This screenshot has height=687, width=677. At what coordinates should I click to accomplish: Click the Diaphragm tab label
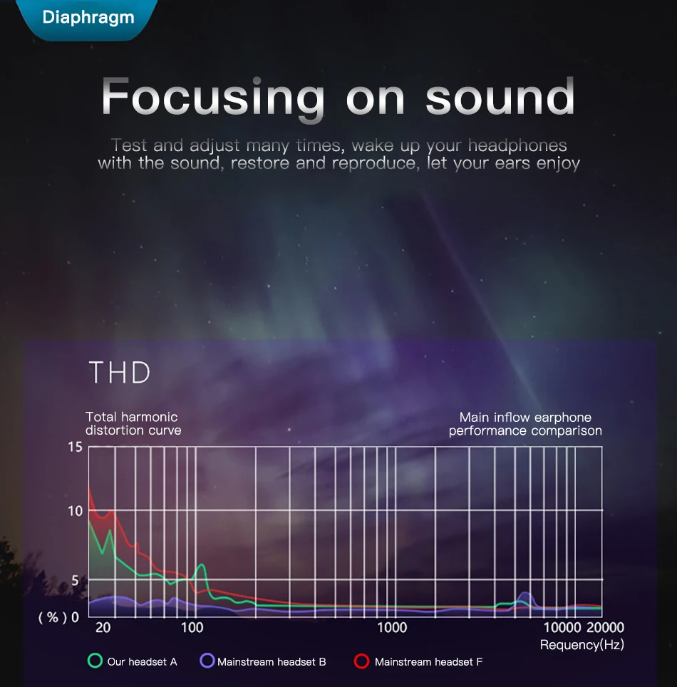88,18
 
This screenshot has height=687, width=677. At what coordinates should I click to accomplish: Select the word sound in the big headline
500,96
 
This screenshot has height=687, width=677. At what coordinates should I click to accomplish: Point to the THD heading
120,373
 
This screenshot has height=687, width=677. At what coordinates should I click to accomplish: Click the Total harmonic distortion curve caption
133,423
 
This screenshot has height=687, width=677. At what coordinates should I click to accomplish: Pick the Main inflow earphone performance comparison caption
525,424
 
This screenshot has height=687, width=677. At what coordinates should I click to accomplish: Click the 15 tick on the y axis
75,447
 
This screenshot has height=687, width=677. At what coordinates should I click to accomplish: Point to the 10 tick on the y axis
75,511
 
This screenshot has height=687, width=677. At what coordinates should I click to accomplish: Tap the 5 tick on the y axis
75,581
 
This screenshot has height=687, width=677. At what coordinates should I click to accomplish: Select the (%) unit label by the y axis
53,617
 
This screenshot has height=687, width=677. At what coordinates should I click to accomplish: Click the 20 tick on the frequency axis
103,627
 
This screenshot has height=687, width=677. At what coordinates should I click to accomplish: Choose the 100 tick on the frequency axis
192,627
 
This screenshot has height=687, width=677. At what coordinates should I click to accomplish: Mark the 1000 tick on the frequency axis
392,627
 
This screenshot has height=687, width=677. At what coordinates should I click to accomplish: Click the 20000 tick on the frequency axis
605,627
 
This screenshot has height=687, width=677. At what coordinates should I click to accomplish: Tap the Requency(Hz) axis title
582,644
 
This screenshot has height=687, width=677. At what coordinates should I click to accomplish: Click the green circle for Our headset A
95,660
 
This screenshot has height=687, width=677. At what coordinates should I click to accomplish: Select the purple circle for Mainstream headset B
207,660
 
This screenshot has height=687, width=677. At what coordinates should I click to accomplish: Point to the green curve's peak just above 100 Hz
202,564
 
